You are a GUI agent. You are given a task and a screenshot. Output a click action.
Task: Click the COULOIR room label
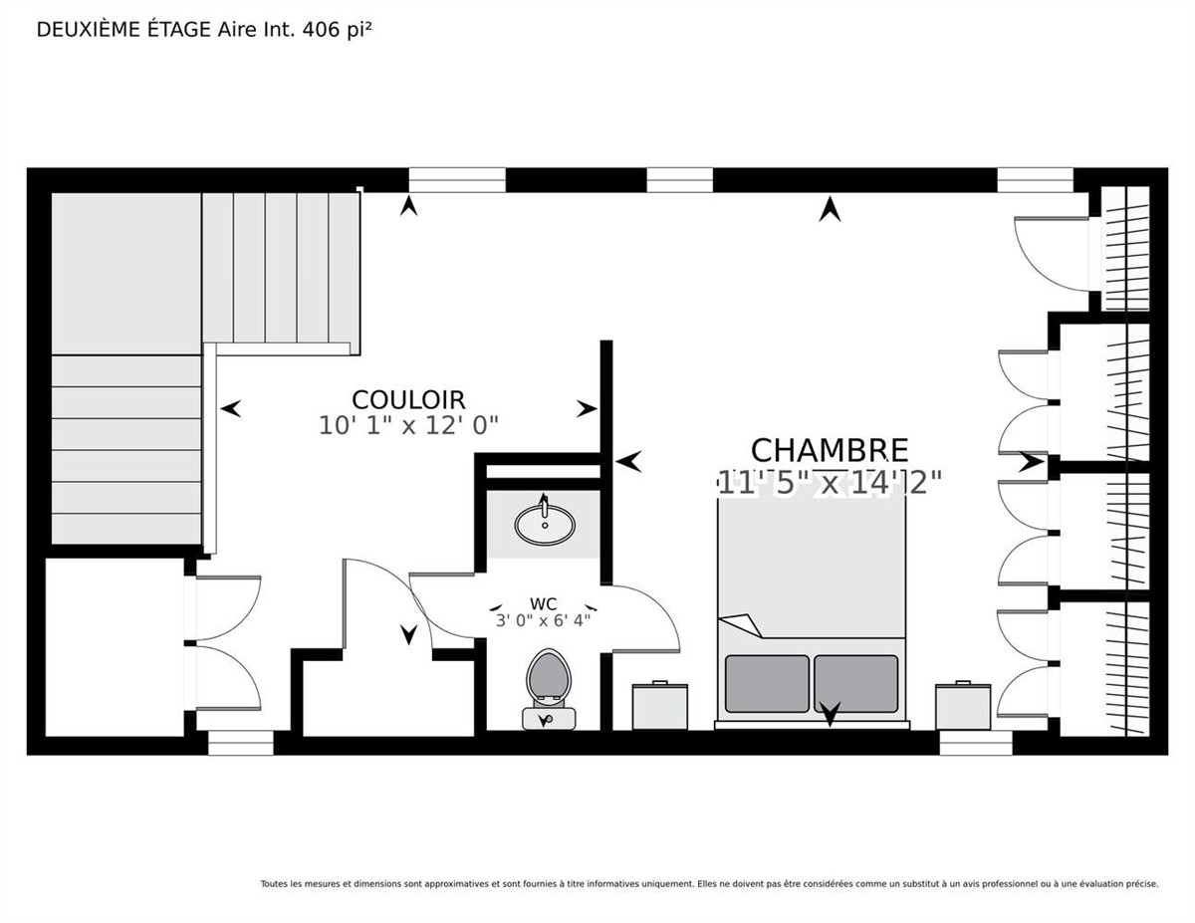408,399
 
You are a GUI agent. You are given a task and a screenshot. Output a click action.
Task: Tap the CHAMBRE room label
830,451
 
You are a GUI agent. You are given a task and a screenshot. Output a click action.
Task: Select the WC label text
544,604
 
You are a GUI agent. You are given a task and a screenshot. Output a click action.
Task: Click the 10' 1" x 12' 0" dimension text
408,425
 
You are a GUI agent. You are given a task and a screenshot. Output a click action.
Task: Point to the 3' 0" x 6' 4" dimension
543,620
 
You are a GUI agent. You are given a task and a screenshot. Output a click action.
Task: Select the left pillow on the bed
767,683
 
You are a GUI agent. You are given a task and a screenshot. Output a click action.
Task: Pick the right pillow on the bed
855,683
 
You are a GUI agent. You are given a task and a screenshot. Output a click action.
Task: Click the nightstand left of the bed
660,706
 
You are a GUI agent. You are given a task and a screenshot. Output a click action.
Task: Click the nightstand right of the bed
963,706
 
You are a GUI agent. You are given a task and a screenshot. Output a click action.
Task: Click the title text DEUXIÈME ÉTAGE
123,30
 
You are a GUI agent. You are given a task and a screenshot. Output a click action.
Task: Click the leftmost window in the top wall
456,180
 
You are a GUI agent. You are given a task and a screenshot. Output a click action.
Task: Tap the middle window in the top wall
679,180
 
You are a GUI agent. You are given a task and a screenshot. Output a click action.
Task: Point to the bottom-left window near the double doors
240,743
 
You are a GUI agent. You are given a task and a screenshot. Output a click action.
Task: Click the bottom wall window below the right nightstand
976,743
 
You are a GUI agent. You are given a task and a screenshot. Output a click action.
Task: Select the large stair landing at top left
125,273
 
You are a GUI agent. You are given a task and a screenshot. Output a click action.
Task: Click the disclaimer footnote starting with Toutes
709,884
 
